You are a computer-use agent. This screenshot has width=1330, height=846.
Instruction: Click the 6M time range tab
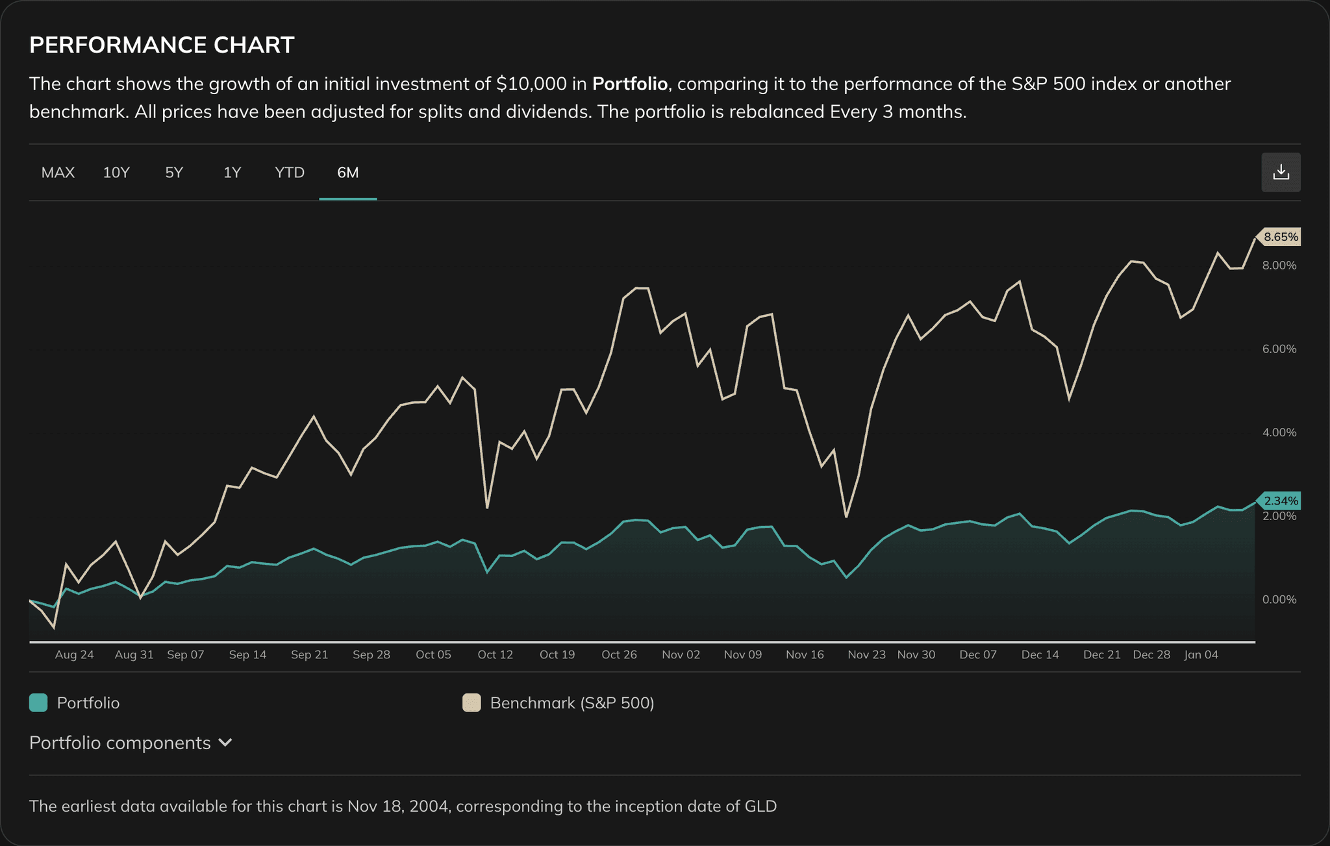[x=347, y=173]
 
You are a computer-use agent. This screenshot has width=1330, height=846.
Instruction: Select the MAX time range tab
[x=58, y=173]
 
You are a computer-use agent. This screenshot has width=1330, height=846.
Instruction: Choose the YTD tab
[x=289, y=173]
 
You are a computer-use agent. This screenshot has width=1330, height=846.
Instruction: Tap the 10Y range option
[x=116, y=173]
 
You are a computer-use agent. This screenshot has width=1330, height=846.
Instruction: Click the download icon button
[x=1280, y=172]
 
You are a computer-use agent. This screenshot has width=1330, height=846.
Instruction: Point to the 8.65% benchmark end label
[x=1280, y=237]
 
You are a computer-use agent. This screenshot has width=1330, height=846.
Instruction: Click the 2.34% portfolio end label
[x=1280, y=501]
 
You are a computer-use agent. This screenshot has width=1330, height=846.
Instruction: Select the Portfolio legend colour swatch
[x=38, y=703]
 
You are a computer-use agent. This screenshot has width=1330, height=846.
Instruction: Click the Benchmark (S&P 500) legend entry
[x=571, y=703]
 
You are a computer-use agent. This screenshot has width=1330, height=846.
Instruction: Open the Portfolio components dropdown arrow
[x=225, y=742]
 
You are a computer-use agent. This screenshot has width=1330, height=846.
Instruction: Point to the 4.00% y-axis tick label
[x=1279, y=432]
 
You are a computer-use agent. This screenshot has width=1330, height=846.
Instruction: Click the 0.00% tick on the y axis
[x=1279, y=599]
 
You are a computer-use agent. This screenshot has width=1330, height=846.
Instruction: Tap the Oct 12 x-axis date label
[x=495, y=654]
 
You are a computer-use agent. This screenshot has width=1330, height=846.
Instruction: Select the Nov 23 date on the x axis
[x=866, y=654]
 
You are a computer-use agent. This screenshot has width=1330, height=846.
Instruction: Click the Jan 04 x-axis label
[x=1201, y=654]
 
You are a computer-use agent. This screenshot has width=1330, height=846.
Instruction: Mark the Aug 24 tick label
[x=74, y=654]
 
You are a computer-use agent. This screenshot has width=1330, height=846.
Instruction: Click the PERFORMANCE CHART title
[x=162, y=45]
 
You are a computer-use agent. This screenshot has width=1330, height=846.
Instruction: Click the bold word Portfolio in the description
[x=629, y=84]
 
